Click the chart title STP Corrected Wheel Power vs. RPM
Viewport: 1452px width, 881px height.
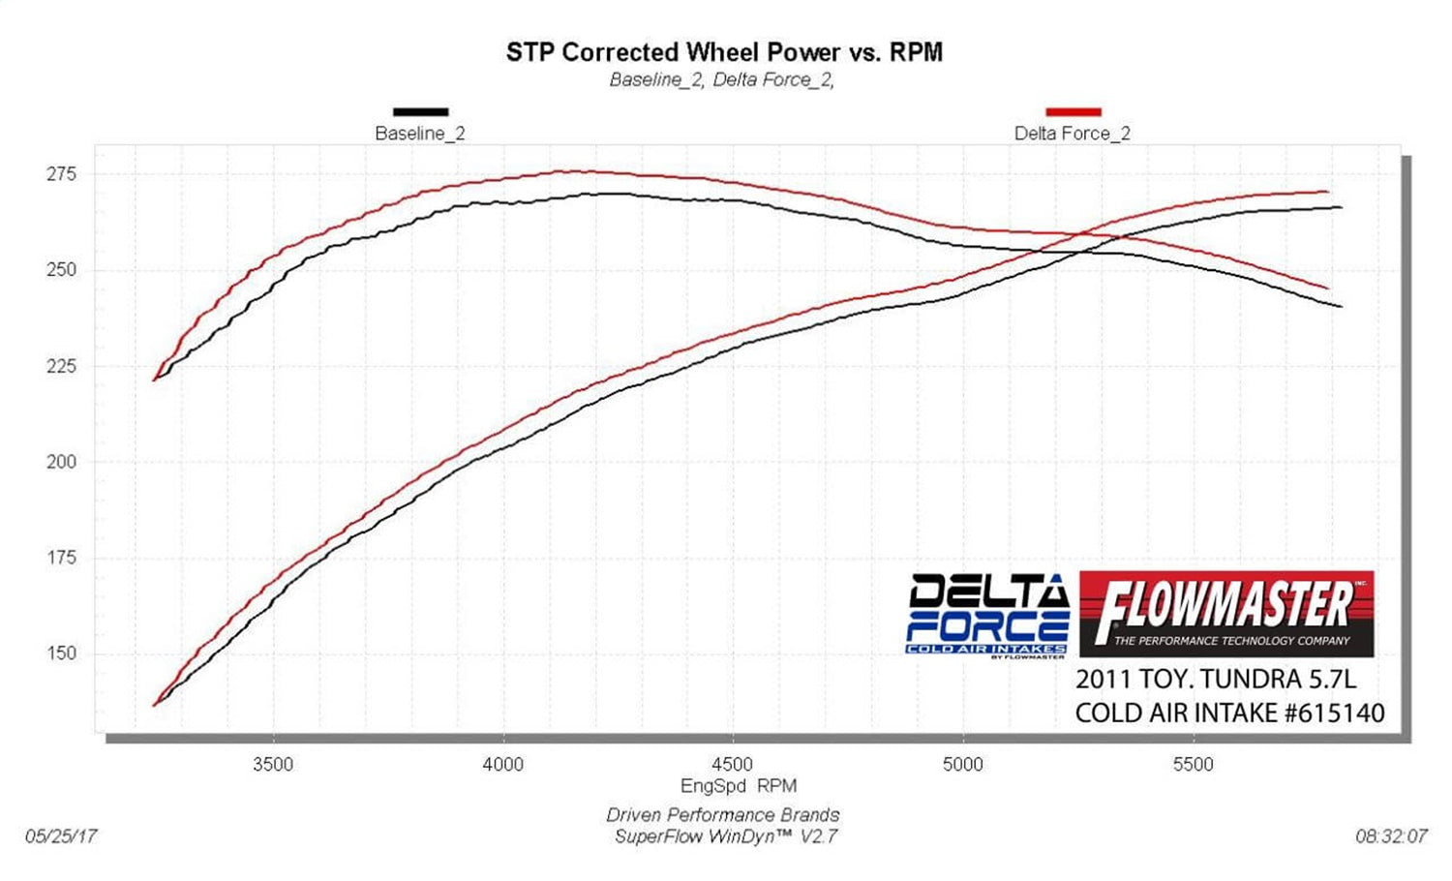[724, 52]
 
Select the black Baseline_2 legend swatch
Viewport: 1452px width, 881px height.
[420, 112]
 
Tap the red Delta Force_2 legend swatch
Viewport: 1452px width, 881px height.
[1074, 112]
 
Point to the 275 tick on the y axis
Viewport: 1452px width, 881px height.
[60, 174]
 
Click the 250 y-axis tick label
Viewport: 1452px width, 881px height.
[60, 270]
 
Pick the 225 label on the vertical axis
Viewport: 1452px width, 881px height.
[60, 366]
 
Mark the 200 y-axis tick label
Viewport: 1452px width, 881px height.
[60, 462]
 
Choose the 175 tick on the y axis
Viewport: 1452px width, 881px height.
[60, 558]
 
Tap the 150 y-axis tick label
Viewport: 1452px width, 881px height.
[60, 653]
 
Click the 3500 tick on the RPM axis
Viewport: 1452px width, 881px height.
[273, 765]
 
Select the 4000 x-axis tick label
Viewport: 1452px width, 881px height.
[502, 765]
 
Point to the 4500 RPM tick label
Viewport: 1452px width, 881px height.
[733, 765]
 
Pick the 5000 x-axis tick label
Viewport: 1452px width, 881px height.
[962, 765]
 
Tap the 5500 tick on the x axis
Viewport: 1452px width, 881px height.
[1193, 765]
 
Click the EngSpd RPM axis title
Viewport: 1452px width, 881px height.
[739, 786]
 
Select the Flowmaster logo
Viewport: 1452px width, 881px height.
[1225, 613]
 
